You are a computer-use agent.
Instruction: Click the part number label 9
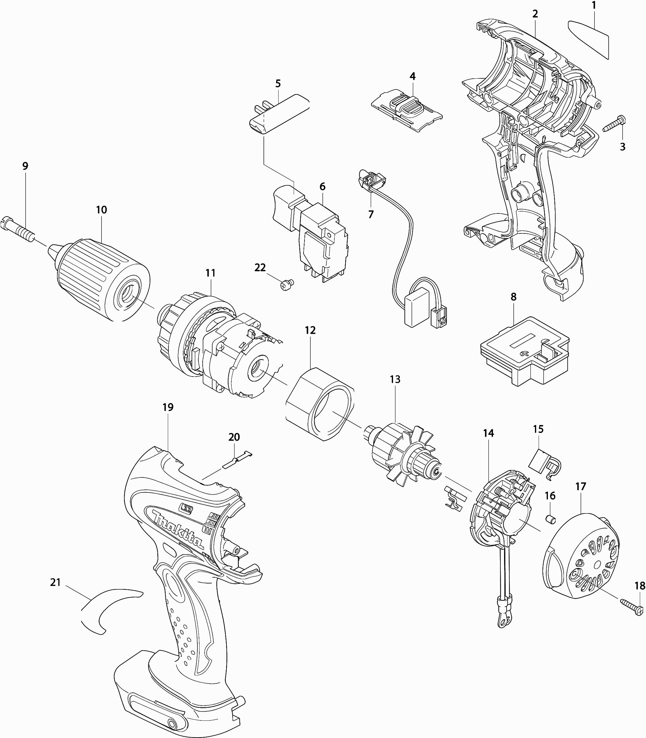25,166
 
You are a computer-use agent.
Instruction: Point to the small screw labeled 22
287,285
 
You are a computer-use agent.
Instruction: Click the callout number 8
513,297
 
